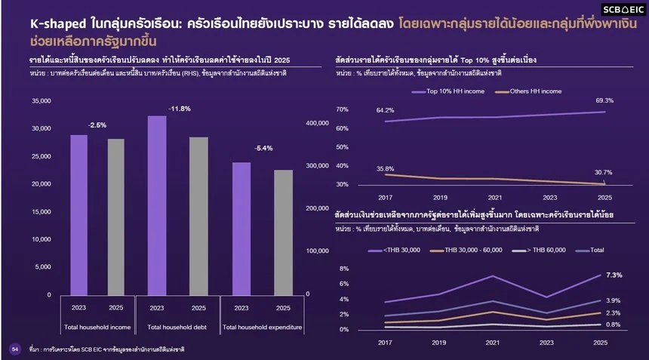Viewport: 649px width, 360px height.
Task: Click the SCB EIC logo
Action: click(x=623, y=10)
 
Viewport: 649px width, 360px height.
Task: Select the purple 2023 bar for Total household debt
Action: click(x=157, y=205)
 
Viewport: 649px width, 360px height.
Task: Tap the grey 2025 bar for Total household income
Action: click(x=116, y=217)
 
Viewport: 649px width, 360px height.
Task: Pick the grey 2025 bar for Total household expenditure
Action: click(x=284, y=232)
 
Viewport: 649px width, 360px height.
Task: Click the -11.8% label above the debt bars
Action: click(x=180, y=109)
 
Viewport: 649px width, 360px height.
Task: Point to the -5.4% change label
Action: click(x=263, y=148)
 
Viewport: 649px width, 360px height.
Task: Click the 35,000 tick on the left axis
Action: click(x=42, y=101)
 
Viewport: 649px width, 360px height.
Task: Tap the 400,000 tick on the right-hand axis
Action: click(x=318, y=123)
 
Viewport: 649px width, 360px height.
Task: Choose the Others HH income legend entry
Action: click(x=528, y=91)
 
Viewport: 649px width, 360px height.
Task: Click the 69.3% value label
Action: click(x=604, y=100)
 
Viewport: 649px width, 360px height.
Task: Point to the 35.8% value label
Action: click(x=386, y=169)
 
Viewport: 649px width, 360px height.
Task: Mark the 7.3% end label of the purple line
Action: click(x=614, y=275)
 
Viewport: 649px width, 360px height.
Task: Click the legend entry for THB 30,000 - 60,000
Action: click(x=466, y=250)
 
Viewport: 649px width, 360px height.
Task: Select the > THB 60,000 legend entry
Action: click(x=539, y=250)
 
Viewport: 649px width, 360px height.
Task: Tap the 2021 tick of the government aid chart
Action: click(x=493, y=343)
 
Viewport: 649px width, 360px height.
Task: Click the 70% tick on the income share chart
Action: click(x=343, y=109)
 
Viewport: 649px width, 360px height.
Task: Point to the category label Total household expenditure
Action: click(x=263, y=327)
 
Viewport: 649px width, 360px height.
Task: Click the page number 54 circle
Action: click(x=15, y=349)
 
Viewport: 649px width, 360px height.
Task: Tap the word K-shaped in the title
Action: click(x=58, y=23)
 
